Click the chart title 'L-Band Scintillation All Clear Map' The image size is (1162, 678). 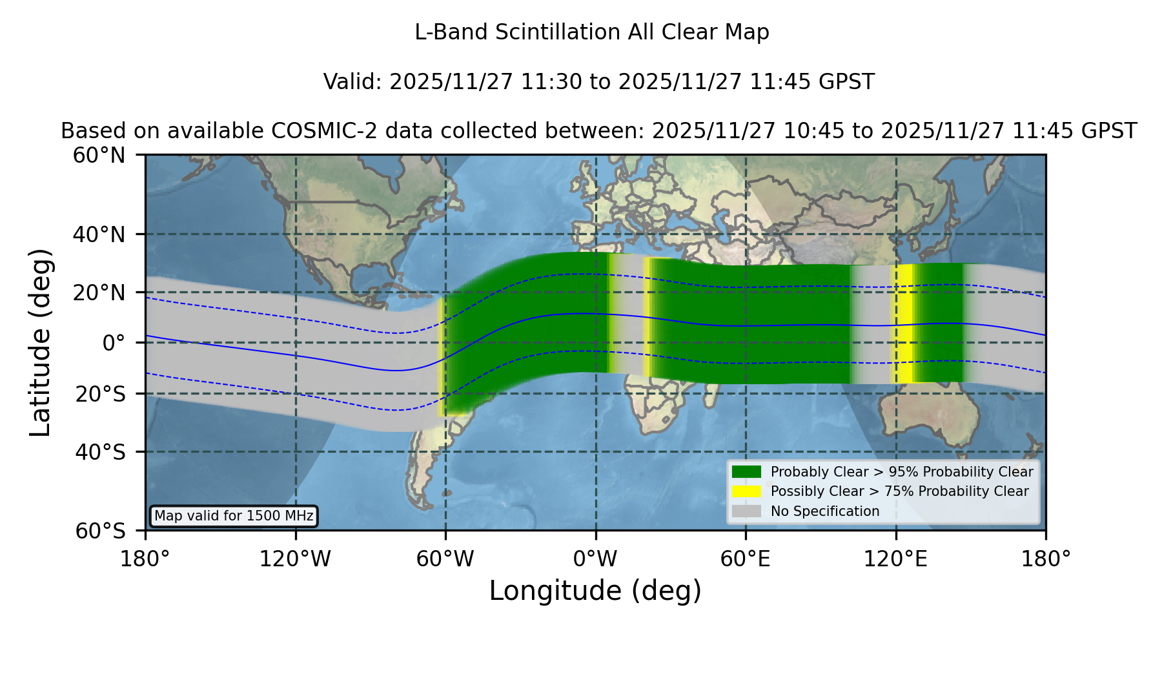pyautogui.click(x=591, y=32)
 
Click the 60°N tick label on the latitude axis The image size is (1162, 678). pyautogui.click(x=99, y=156)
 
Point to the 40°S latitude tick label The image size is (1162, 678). pyautogui.click(x=100, y=452)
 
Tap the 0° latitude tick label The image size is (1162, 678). pyautogui.click(x=114, y=343)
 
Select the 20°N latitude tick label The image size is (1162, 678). pyautogui.click(x=99, y=293)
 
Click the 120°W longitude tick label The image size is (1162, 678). pyautogui.click(x=295, y=559)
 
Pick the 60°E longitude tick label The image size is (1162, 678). pyautogui.click(x=746, y=559)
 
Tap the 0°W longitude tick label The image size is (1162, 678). pyautogui.click(x=596, y=559)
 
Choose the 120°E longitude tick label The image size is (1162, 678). pyautogui.click(x=895, y=559)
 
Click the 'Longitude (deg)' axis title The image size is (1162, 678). pyautogui.click(x=595, y=591)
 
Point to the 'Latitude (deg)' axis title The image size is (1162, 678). pyautogui.click(x=41, y=343)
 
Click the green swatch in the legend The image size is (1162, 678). pyautogui.click(x=746, y=471)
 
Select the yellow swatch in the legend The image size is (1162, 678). pyautogui.click(x=746, y=491)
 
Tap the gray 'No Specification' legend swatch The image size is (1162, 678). pyautogui.click(x=746, y=511)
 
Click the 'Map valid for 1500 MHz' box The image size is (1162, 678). pyautogui.click(x=234, y=516)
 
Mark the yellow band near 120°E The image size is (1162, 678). pyautogui.click(x=904, y=324)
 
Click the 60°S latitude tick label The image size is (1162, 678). pyautogui.click(x=100, y=531)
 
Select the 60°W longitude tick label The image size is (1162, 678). pyautogui.click(x=445, y=559)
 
